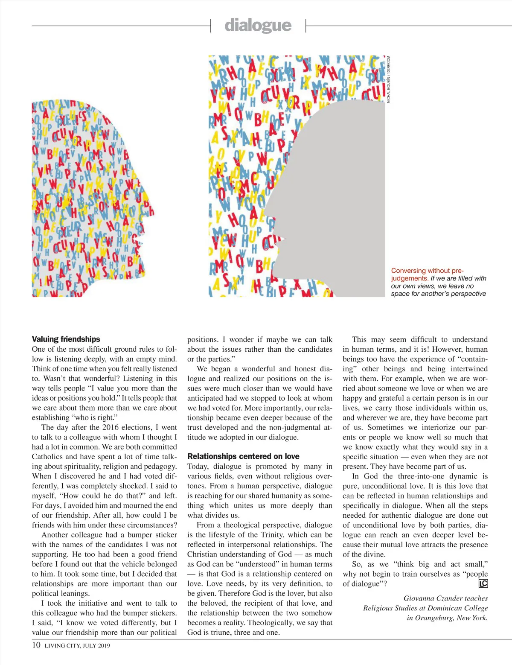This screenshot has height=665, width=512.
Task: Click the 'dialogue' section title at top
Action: (258, 26)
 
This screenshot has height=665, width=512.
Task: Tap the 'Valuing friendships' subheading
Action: (66, 339)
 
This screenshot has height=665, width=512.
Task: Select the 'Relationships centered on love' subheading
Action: (243, 457)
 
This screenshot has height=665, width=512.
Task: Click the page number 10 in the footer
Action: (36, 645)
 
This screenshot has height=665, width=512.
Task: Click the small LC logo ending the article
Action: (483, 584)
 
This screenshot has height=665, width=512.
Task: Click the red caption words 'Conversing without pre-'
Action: (427, 271)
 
